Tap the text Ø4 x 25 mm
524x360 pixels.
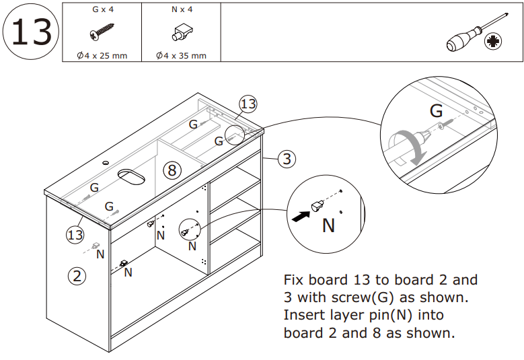[101, 55]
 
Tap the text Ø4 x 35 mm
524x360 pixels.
[180, 55]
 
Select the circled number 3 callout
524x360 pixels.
[287, 159]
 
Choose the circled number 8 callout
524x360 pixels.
[172, 170]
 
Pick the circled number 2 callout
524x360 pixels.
[79, 275]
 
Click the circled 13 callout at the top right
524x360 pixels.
[248, 104]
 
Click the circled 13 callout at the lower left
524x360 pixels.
[75, 235]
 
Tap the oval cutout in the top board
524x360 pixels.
[131, 176]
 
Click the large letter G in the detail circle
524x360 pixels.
[436, 110]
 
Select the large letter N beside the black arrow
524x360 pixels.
[328, 225]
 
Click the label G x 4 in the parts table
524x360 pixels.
[101, 10]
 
